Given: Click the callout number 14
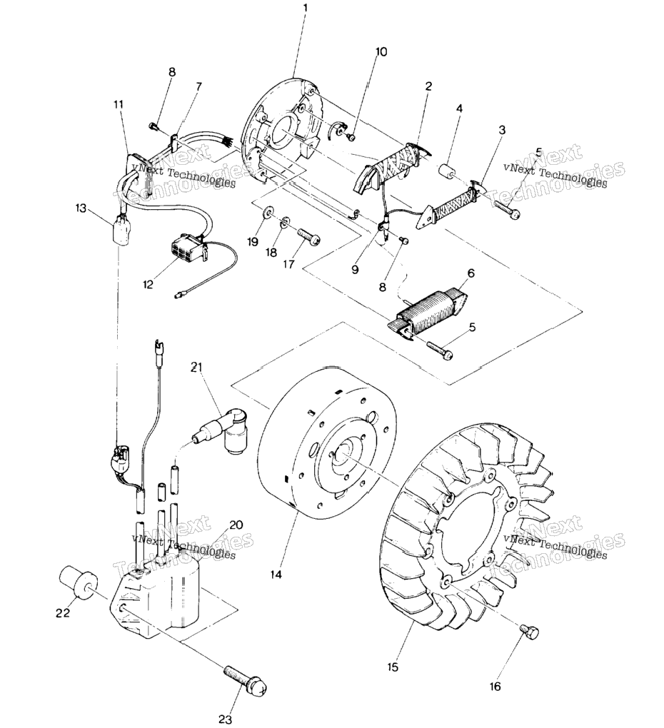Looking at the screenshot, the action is tap(276, 575).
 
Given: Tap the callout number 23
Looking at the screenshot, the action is tap(226, 719).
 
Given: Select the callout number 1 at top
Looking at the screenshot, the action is tap(306, 7).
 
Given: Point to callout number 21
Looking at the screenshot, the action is tap(196, 368).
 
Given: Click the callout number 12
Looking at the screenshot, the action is tap(148, 285).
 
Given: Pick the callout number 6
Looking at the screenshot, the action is tap(471, 273).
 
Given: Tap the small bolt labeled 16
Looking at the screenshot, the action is tap(530, 631).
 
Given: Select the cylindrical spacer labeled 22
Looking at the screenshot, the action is tap(78, 582).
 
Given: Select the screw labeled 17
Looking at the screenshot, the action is tap(308, 236).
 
